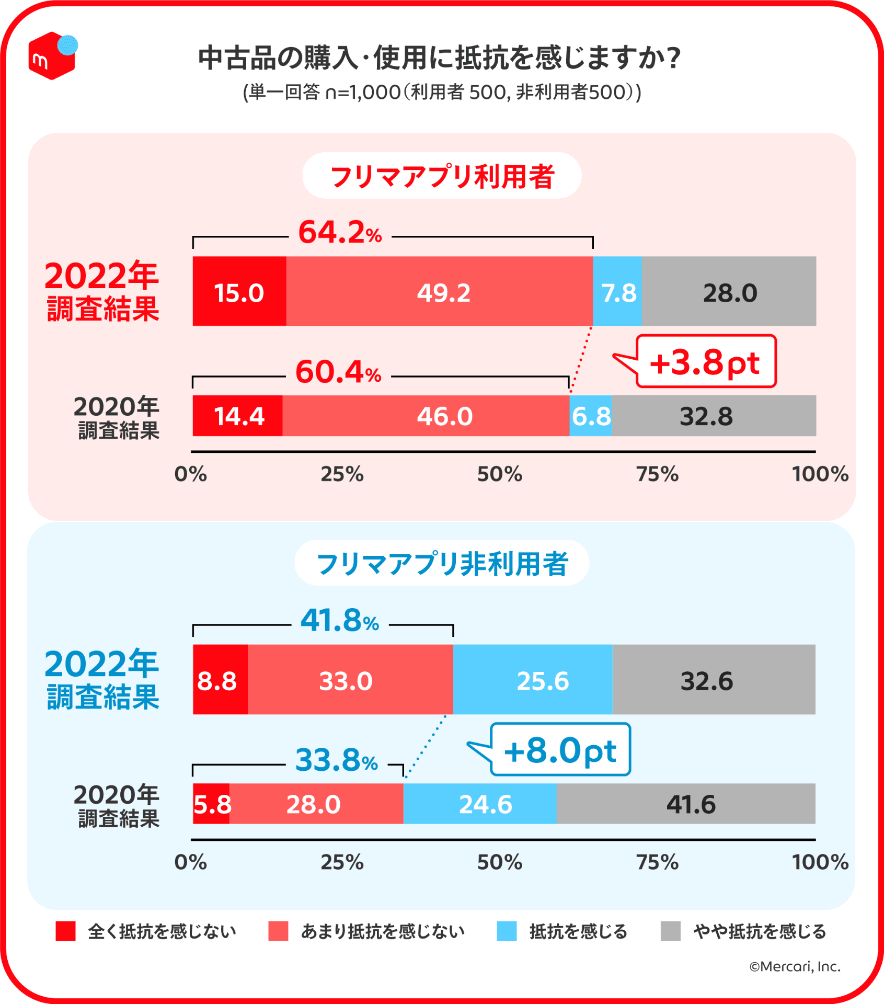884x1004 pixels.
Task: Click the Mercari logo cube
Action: pyautogui.click(x=52, y=56)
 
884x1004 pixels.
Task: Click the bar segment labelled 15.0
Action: pyautogui.click(x=239, y=291)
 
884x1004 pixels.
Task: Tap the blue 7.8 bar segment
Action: pyautogui.click(x=617, y=291)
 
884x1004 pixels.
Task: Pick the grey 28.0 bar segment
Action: pyautogui.click(x=729, y=291)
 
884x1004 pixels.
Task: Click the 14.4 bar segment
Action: pyautogui.click(x=238, y=416)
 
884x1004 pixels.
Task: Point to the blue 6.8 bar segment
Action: pyautogui.click(x=591, y=416)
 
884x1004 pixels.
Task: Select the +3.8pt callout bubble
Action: pyautogui.click(x=706, y=361)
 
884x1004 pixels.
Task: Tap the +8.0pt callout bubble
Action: pyautogui.click(x=560, y=749)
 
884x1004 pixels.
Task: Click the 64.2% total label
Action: pyautogui.click(x=340, y=233)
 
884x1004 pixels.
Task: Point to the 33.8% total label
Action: pyautogui.click(x=337, y=760)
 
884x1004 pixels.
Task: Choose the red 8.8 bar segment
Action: pyautogui.click(x=220, y=680)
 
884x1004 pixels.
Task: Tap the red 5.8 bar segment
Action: pyautogui.click(x=211, y=804)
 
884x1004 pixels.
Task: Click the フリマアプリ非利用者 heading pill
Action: pyautogui.click(x=442, y=563)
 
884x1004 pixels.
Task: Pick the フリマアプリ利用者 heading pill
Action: pyautogui.click(x=442, y=176)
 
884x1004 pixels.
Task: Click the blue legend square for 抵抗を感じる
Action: pyautogui.click(x=507, y=931)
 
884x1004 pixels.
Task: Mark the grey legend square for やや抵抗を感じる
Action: pyautogui.click(x=670, y=931)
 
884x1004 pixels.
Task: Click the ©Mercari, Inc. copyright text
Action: pyautogui.click(x=795, y=967)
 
